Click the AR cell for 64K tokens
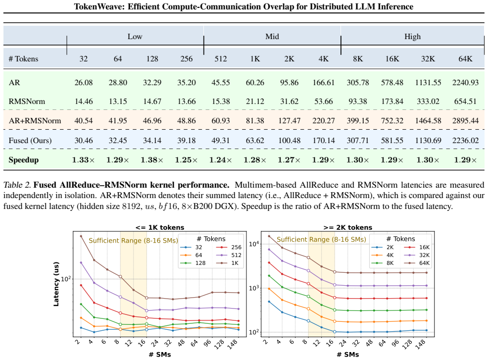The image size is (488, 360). tap(465, 83)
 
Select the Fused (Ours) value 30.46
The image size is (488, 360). tap(84, 141)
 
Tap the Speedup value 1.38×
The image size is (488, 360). tap(152, 160)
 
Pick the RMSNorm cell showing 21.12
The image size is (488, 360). tap(255, 102)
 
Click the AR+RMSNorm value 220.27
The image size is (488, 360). tap(324, 121)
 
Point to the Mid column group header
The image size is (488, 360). tap(272, 37)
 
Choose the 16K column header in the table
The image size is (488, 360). tap(392, 59)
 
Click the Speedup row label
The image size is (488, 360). tap(24, 160)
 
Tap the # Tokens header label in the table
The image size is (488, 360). tap(23, 59)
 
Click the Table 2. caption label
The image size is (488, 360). tap(17, 185)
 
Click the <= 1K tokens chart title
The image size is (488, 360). tap(160, 227)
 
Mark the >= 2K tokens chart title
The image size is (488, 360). tap(347, 227)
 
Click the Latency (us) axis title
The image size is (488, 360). tap(56, 284)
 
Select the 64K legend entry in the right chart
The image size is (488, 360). tap(417, 263)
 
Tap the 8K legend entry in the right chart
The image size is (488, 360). tap(383, 263)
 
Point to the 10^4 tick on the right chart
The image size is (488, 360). tap(254, 243)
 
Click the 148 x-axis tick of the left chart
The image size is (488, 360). tap(237, 344)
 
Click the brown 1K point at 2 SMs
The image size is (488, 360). tap(81, 236)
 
